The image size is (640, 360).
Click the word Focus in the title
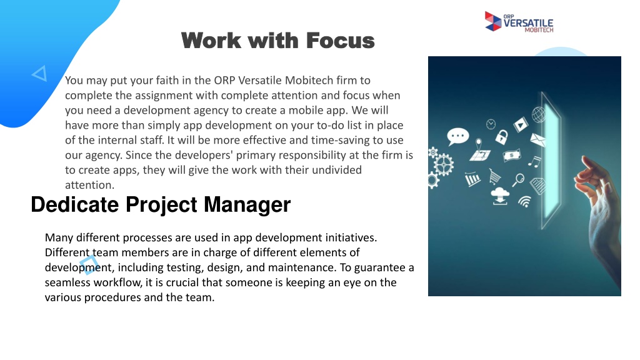(x=340, y=41)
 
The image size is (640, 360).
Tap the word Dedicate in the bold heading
(x=75, y=204)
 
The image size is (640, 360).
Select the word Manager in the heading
(x=247, y=205)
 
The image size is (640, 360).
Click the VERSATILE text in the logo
(x=528, y=23)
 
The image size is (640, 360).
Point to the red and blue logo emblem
(x=492, y=21)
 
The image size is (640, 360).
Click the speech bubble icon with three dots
(x=457, y=137)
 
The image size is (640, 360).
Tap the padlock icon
(x=502, y=137)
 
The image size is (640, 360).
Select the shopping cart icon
(x=494, y=177)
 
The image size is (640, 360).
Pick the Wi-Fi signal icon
(x=525, y=201)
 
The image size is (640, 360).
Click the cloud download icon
(x=500, y=196)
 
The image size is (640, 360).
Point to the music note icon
(x=534, y=162)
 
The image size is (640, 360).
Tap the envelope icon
(x=538, y=139)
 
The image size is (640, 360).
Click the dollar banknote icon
(x=512, y=156)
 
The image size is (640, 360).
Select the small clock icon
(x=491, y=124)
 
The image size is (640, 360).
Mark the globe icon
(x=538, y=115)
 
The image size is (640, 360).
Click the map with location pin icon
(x=480, y=151)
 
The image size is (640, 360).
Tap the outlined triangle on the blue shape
(x=39, y=74)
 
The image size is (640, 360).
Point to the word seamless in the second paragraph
(x=67, y=282)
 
